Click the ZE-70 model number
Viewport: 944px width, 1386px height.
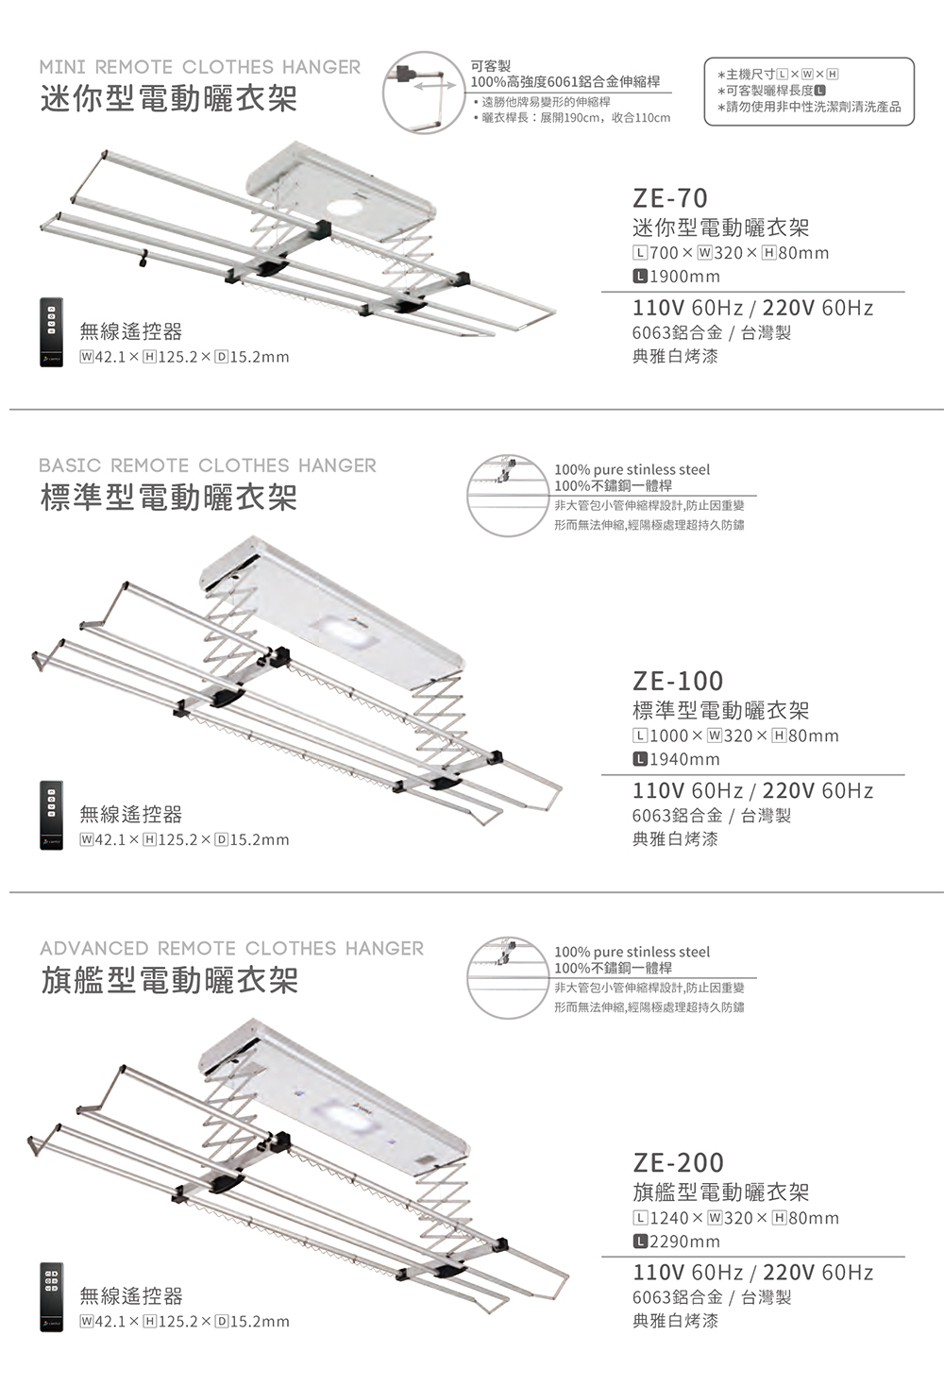pyautogui.click(x=670, y=198)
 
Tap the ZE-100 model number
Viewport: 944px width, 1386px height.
pyautogui.click(x=678, y=681)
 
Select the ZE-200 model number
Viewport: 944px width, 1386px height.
pyautogui.click(x=678, y=1162)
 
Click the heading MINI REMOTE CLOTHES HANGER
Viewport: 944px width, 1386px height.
pyautogui.click(x=199, y=67)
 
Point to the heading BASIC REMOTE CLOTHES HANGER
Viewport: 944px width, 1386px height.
pyautogui.click(x=208, y=465)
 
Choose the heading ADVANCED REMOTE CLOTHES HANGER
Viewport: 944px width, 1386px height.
pyautogui.click(x=232, y=948)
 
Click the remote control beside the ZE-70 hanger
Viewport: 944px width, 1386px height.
pyautogui.click(x=51, y=332)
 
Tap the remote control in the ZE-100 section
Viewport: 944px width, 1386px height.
pyautogui.click(x=51, y=815)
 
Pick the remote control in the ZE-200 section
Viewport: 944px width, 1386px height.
pyautogui.click(x=51, y=1297)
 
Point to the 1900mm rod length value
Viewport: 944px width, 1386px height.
pyautogui.click(x=676, y=277)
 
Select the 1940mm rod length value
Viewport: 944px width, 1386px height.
pyautogui.click(x=676, y=759)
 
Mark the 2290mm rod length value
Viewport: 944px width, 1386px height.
pyautogui.click(x=676, y=1242)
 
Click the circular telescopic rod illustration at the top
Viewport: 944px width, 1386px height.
pyautogui.click(x=423, y=93)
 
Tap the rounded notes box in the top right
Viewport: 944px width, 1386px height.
pyautogui.click(x=808, y=92)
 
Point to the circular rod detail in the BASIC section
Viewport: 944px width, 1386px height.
pyautogui.click(x=508, y=496)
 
